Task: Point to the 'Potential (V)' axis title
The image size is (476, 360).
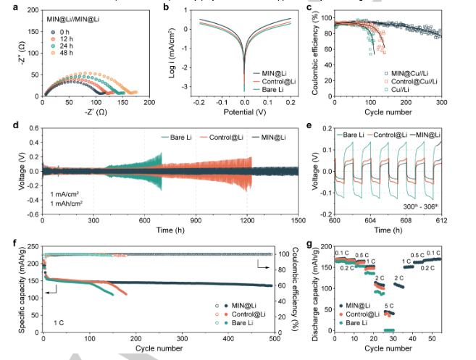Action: [244, 114]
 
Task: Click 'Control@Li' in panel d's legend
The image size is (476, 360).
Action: [227, 137]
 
